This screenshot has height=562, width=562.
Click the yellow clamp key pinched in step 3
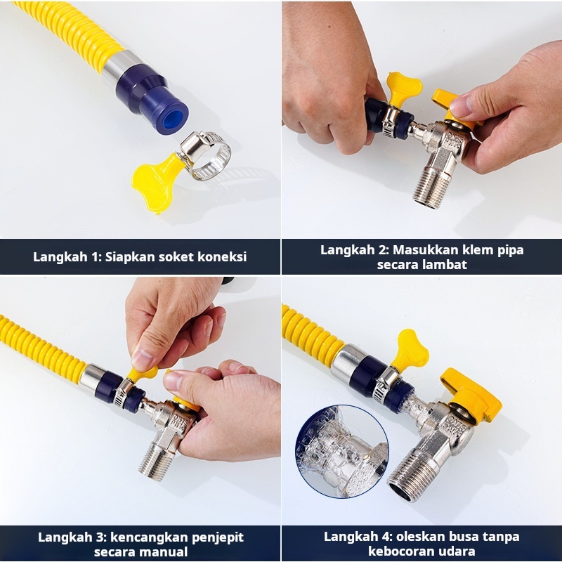pos(143,373)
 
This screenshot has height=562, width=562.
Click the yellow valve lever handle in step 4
pos(472,394)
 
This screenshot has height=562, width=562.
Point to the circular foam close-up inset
pos(342,451)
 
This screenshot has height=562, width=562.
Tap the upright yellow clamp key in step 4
pos(410,349)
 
